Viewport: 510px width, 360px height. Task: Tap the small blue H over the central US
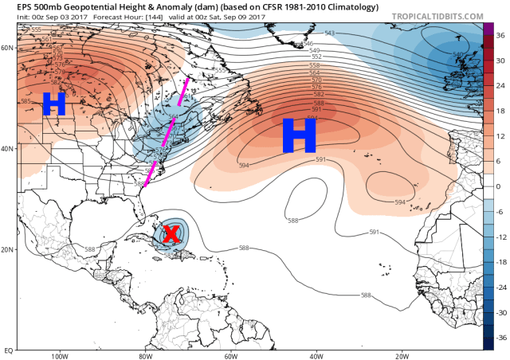[53, 104]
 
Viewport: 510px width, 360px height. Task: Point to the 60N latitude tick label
[7, 48]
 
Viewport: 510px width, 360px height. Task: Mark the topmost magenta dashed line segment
[182, 91]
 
